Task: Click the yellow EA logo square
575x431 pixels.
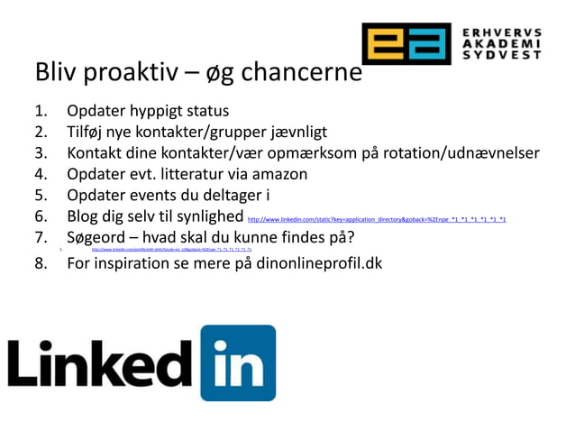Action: (x=406, y=43)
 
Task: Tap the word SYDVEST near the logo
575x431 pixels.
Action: (x=502, y=55)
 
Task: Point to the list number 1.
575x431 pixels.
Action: (x=41, y=112)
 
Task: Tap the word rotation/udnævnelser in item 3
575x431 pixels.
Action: (x=455, y=152)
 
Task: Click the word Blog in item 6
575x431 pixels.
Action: (x=86, y=216)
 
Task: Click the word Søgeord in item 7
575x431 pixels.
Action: (x=99, y=238)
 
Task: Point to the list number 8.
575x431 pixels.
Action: (x=41, y=264)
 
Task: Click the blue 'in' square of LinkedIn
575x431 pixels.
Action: (x=238, y=362)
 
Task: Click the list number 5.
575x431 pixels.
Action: (x=41, y=195)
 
